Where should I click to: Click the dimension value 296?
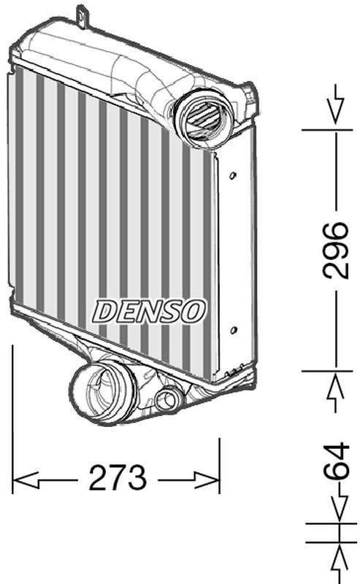pos(336,250)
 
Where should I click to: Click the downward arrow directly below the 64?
pos(336,507)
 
